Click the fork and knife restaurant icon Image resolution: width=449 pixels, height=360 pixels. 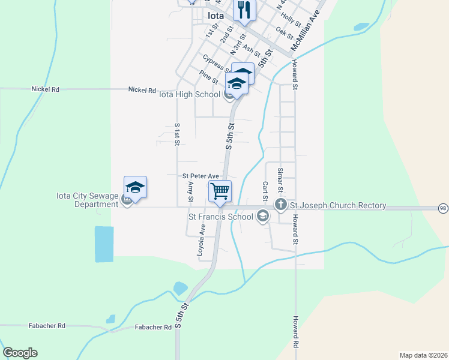click(245, 10)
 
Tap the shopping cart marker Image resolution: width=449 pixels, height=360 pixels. click(220, 191)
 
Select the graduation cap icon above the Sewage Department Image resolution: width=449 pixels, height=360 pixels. click(136, 187)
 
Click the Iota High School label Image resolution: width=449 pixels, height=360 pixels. click(189, 94)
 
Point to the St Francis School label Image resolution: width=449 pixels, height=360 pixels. click(220, 217)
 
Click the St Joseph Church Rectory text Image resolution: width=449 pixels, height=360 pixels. click(338, 205)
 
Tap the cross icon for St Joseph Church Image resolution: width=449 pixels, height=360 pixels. click(280, 205)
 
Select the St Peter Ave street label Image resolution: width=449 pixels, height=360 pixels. click(200, 176)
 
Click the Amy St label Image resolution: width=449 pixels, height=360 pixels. click(190, 191)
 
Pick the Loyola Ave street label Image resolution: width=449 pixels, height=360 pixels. click(202, 241)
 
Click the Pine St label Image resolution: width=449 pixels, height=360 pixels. click(209, 77)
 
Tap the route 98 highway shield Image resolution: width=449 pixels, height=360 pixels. click(443, 208)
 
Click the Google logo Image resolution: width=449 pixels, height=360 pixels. click(20, 353)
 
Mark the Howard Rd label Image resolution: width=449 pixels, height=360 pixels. click(295, 333)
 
